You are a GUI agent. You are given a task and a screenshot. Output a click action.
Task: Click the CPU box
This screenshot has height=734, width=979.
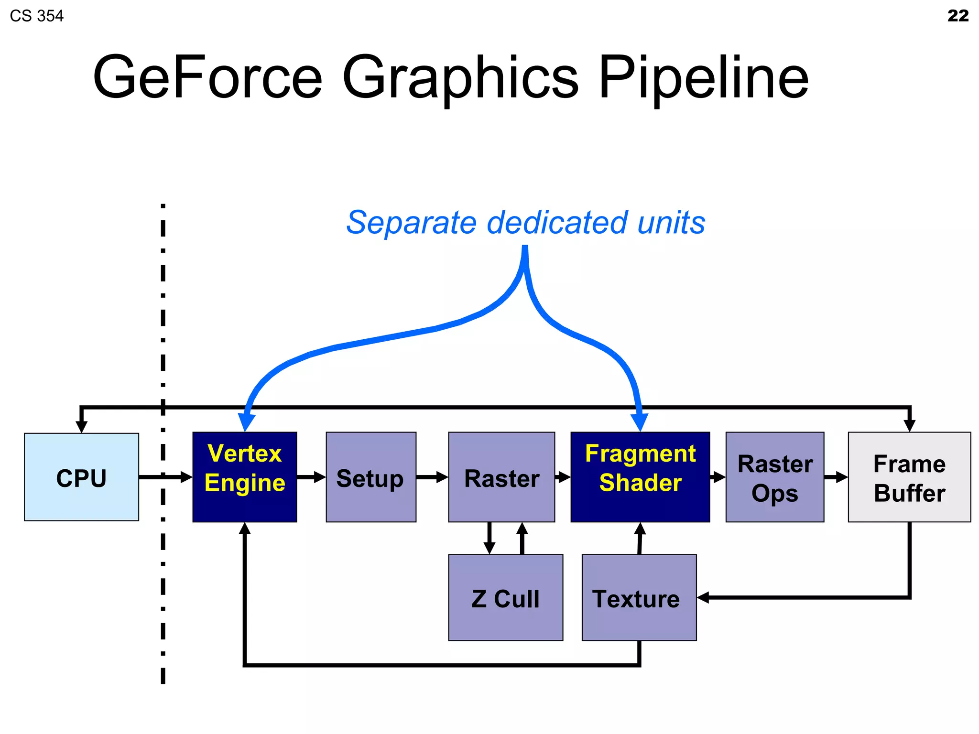coord(81,477)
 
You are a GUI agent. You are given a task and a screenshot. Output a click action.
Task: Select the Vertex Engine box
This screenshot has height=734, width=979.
coord(244,477)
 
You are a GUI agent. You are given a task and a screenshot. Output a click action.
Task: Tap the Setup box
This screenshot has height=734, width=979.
coord(370,477)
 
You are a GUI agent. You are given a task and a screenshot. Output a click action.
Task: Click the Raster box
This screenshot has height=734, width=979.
coord(501,477)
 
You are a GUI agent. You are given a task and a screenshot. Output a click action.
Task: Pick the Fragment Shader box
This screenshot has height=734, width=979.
coord(640,477)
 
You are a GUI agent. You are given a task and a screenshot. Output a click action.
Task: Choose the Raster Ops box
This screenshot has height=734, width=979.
coord(774,477)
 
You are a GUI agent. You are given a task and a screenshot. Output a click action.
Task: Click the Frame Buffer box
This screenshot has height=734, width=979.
coord(909,477)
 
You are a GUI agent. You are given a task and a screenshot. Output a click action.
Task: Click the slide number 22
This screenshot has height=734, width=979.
coord(957,16)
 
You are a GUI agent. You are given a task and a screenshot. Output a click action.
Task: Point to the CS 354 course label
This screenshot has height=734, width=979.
coord(37,16)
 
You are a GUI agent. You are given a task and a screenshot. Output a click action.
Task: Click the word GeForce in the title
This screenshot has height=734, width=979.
coord(208,77)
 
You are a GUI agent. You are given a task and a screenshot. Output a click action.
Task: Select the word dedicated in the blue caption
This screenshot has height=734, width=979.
coord(557,223)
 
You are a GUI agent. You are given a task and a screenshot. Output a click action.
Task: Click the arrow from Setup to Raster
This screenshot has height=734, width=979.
coord(432,477)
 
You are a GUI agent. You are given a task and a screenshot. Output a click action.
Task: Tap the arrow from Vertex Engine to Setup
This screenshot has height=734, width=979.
coord(311,477)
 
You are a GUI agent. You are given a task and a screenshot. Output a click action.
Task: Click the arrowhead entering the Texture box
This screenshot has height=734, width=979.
coord(703,597)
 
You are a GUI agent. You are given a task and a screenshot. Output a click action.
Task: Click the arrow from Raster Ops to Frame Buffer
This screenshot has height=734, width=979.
coord(836,477)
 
